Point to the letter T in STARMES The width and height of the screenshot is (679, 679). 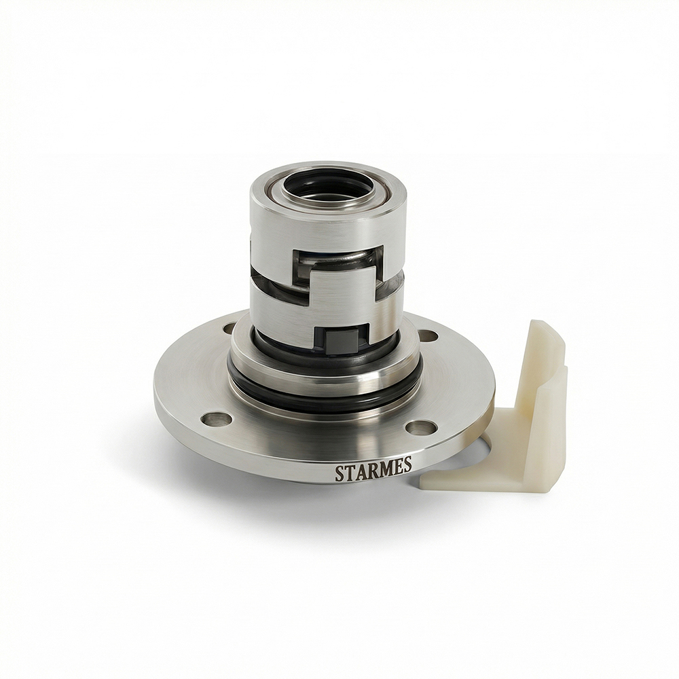(x=348, y=473)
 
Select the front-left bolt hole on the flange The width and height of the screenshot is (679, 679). (x=217, y=419)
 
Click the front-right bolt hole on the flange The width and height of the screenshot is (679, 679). (x=421, y=428)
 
